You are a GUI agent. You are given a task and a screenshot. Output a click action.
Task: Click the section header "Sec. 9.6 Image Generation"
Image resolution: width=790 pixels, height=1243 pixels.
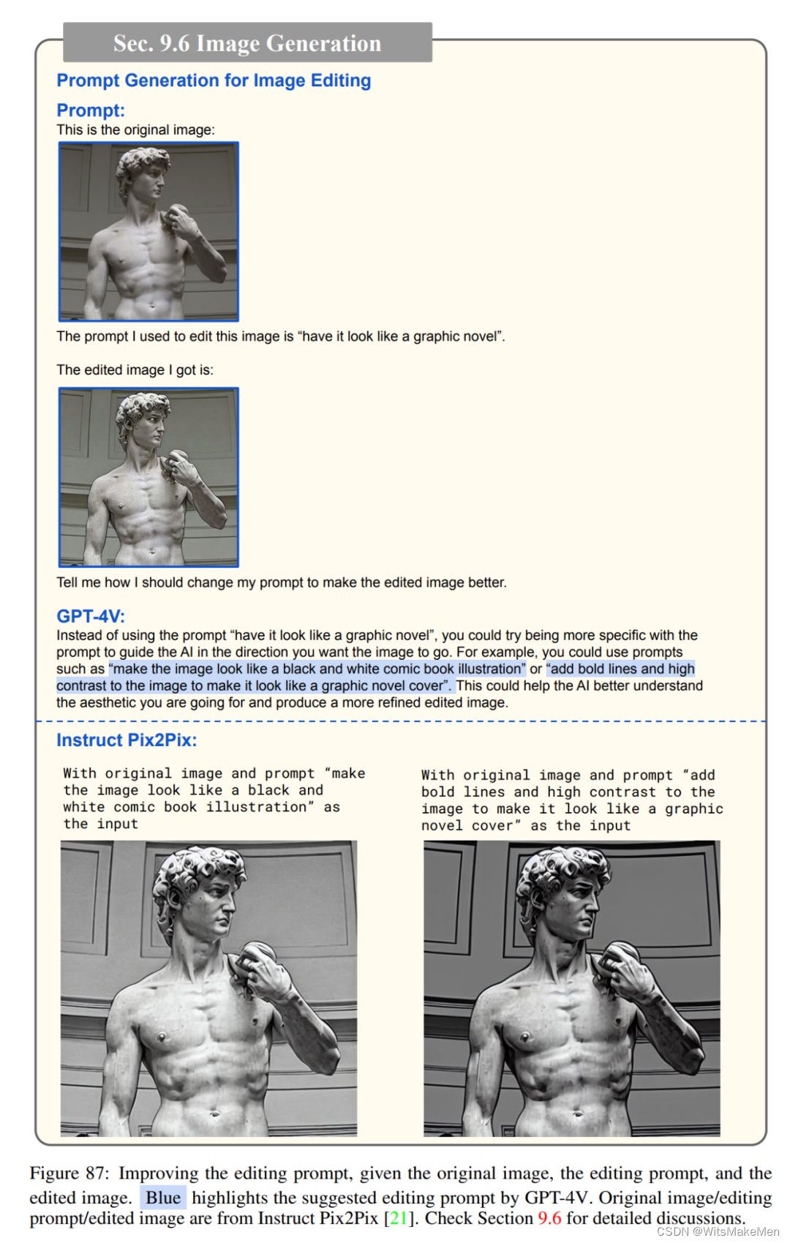click(247, 43)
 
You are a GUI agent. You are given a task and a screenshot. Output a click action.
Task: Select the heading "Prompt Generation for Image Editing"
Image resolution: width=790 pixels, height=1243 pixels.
click(214, 80)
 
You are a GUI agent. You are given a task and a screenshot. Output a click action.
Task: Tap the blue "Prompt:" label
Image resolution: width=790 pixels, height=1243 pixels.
click(91, 110)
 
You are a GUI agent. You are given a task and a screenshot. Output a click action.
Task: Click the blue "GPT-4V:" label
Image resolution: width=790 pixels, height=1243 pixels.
click(91, 616)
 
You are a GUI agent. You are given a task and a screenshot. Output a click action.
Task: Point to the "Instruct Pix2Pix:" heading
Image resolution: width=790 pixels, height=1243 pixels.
click(127, 740)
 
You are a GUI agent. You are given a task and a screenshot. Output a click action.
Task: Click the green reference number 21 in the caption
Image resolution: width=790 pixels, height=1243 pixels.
click(398, 1218)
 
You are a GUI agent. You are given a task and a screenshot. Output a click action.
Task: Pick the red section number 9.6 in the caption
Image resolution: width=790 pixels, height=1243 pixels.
click(549, 1218)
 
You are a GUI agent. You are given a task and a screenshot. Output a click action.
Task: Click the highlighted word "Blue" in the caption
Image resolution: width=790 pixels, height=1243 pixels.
click(162, 1198)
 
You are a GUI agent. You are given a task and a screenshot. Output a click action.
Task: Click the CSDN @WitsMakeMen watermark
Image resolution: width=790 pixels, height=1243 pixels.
click(718, 1231)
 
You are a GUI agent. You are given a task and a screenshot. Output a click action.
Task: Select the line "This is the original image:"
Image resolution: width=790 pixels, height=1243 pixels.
click(136, 130)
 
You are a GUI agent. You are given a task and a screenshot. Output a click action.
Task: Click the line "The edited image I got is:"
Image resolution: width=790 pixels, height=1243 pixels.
click(135, 370)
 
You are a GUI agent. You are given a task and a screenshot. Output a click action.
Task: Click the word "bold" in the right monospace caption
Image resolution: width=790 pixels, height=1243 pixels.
click(437, 792)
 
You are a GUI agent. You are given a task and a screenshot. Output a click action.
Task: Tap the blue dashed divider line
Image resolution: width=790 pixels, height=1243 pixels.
click(401, 721)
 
